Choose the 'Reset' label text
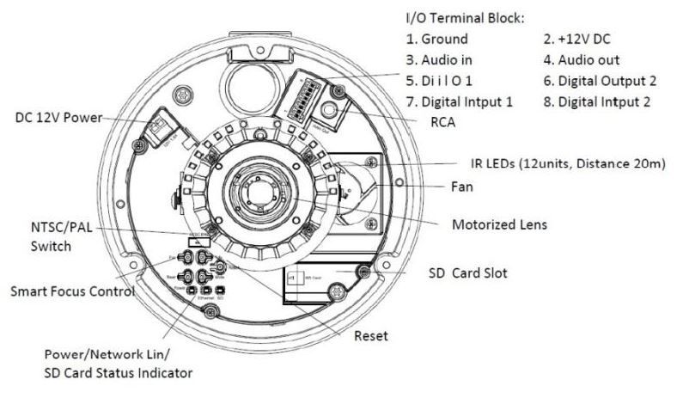370,336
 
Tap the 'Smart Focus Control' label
72,291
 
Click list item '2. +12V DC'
578,39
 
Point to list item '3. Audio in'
439,60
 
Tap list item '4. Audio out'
582,60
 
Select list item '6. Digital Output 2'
598,81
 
